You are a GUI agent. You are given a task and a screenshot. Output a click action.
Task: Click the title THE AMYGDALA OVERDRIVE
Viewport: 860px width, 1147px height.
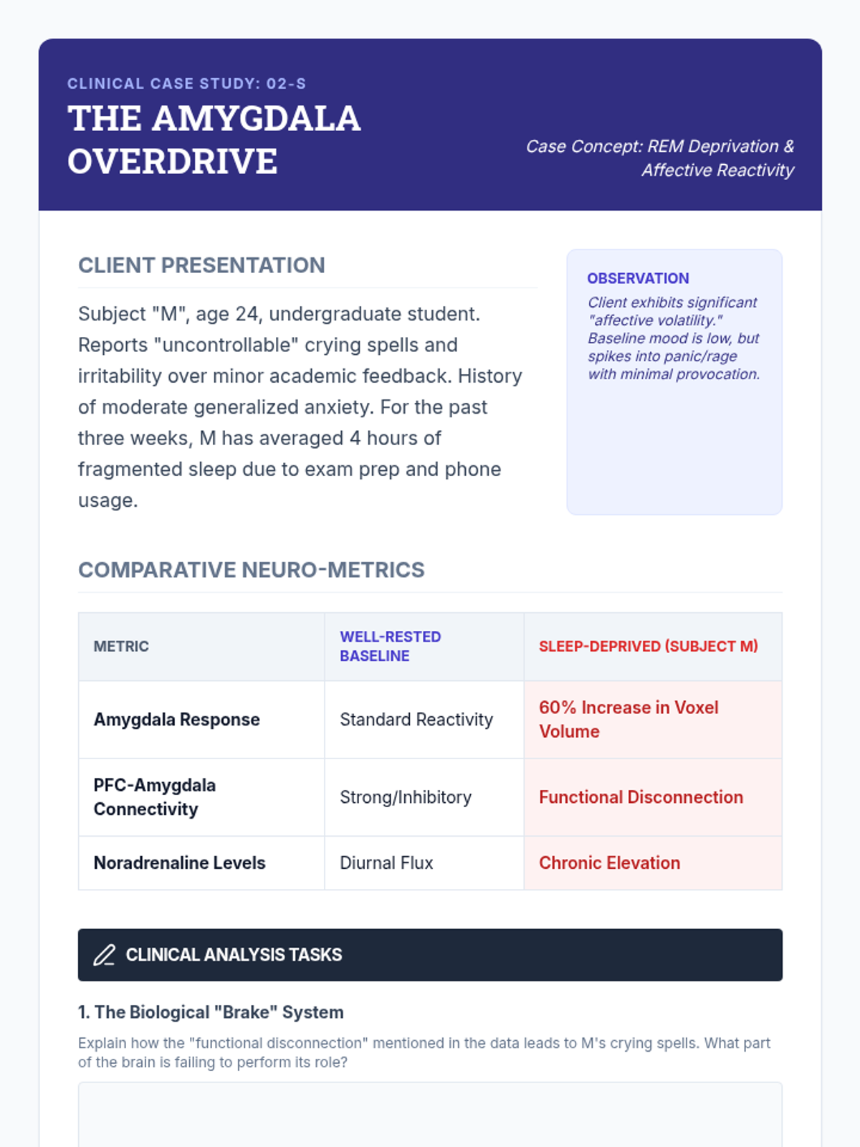click(x=214, y=140)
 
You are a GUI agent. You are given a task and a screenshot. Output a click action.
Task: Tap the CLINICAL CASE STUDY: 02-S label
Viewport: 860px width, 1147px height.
click(x=186, y=84)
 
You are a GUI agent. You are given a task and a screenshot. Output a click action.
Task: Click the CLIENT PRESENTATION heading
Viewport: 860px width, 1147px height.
click(x=201, y=265)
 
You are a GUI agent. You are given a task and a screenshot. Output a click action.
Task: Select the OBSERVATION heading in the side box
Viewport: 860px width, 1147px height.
click(x=638, y=278)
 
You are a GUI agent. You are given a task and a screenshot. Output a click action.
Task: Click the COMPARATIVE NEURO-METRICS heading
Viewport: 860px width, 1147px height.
click(x=251, y=570)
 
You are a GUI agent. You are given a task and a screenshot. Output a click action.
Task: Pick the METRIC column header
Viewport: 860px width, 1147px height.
click(x=121, y=647)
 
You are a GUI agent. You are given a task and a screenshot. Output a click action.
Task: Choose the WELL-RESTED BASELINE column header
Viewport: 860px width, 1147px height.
click(x=390, y=647)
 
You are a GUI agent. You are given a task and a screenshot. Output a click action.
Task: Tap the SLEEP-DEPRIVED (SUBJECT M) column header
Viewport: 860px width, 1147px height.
click(x=648, y=647)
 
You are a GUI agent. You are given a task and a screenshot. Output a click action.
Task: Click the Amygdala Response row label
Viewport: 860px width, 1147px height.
click(x=176, y=720)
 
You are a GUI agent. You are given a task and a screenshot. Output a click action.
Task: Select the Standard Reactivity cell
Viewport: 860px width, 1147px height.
click(x=416, y=720)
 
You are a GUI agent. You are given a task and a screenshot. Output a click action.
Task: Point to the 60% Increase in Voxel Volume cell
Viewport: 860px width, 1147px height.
click(x=628, y=720)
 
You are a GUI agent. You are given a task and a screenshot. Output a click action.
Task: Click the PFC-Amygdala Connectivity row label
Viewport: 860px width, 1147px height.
click(x=154, y=797)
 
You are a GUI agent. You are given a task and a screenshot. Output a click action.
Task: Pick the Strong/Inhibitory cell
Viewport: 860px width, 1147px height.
click(x=405, y=797)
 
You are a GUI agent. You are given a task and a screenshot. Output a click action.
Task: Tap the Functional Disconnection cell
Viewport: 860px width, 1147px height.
click(x=641, y=797)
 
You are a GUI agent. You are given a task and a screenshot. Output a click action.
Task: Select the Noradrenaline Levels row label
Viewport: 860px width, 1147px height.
click(x=179, y=863)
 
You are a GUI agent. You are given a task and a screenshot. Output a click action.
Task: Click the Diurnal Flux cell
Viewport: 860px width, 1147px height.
click(x=386, y=863)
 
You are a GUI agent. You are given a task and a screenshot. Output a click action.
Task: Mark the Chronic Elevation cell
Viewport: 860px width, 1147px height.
click(x=609, y=863)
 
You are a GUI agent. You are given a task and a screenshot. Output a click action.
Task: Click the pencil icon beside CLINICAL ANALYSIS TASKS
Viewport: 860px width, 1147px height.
click(x=104, y=955)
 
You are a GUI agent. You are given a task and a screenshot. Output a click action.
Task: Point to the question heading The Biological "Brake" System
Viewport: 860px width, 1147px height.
click(x=211, y=1012)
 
